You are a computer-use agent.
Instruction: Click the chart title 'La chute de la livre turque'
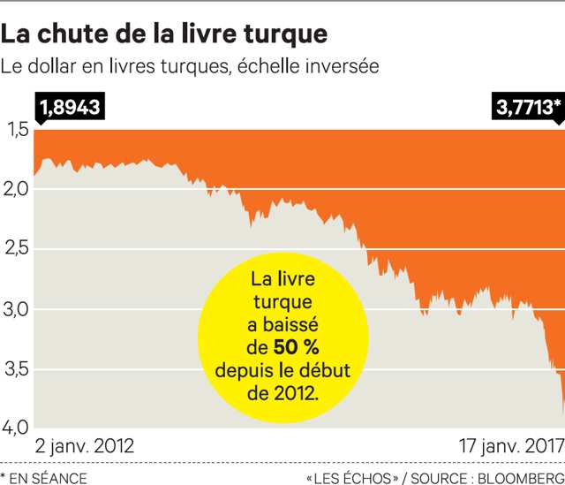tap(164, 34)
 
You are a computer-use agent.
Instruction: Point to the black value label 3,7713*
tap(528, 108)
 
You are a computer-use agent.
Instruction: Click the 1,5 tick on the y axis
tap(18, 131)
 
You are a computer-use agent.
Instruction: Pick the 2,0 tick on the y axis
tap(18, 188)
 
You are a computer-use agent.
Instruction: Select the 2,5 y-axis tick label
tap(18, 248)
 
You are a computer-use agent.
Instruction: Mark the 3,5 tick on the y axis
tap(18, 368)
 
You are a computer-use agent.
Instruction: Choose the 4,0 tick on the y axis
tap(18, 428)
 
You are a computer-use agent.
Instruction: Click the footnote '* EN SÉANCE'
tap(44, 478)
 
